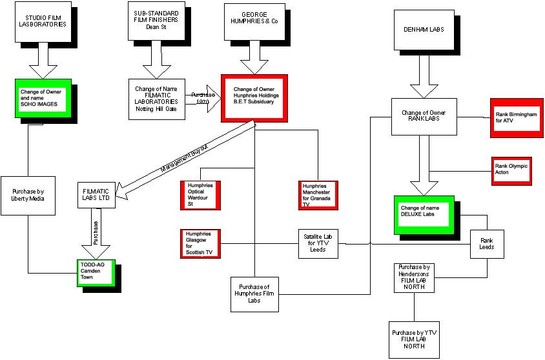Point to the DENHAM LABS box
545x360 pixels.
(424, 29)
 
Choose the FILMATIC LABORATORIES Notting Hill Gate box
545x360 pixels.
(157, 98)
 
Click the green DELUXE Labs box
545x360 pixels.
(424, 214)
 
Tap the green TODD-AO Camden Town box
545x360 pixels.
(97, 274)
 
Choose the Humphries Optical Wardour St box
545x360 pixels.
(200, 195)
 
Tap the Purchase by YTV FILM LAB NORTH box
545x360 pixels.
(413, 339)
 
